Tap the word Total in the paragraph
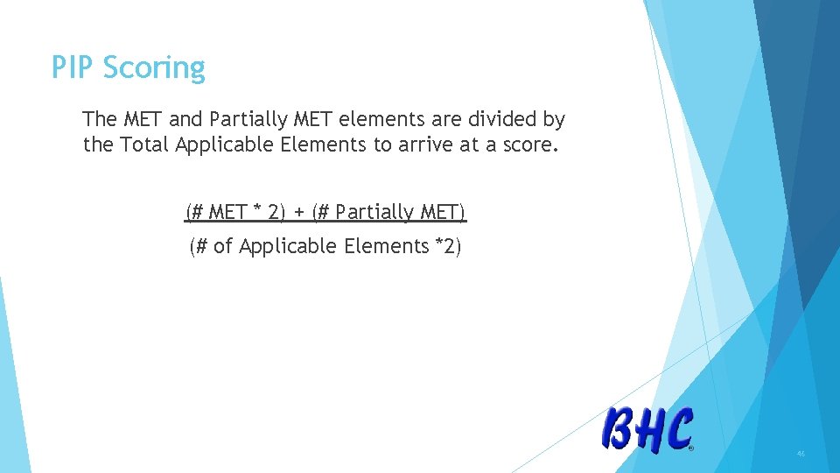[x=144, y=145]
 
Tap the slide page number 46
[x=801, y=454]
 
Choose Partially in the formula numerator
[x=374, y=212]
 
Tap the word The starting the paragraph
[x=100, y=119]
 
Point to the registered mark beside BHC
[x=691, y=448]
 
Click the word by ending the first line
[x=554, y=119]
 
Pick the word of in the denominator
[x=223, y=247]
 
